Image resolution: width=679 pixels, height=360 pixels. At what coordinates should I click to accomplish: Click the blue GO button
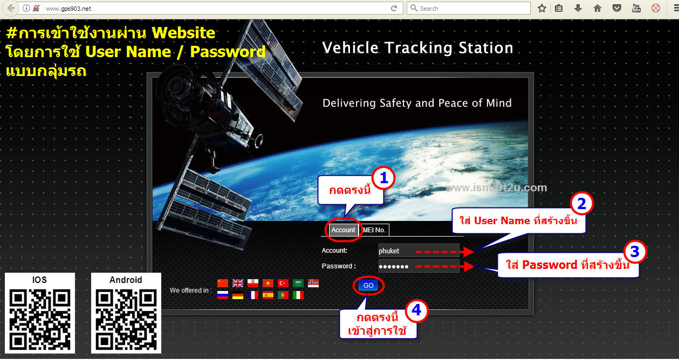tap(368, 285)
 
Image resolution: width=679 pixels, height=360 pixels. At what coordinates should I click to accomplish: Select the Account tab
tap(343, 230)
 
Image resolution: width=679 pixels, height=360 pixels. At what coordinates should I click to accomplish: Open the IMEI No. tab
tap(374, 230)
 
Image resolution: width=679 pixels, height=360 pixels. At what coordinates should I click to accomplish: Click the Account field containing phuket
tap(419, 251)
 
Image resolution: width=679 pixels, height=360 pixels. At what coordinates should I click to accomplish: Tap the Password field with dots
tap(419, 266)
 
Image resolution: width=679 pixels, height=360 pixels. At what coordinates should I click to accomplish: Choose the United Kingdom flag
tap(238, 283)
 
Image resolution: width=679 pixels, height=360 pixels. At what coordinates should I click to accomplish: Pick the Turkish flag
tap(283, 283)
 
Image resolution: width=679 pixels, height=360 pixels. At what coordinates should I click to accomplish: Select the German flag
tap(238, 295)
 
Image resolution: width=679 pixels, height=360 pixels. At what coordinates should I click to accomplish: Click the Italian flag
tap(298, 295)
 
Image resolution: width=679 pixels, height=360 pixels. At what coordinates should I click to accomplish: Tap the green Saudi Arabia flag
tap(298, 283)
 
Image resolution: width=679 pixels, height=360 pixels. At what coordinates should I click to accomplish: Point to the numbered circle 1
tap(383, 178)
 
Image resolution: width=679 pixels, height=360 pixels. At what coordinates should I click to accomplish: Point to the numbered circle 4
tap(416, 310)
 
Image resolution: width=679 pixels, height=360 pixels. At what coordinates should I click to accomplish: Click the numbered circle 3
tap(635, 252)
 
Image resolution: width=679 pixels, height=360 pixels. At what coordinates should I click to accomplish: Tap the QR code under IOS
tap(40, 319)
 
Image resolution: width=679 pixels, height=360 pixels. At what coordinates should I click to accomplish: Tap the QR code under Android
tap(126, 319)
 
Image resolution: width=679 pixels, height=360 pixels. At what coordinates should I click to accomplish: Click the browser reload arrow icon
tap(394, 8)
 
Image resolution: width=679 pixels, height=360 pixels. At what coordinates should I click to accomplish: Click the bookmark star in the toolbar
tap(542, 8)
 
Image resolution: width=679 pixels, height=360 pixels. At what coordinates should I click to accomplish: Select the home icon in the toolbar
tap(597, 8)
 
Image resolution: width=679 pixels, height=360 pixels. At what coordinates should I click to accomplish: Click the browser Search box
tap(469, 8)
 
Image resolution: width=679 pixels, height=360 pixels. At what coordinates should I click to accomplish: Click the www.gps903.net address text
tap(68, 9)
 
